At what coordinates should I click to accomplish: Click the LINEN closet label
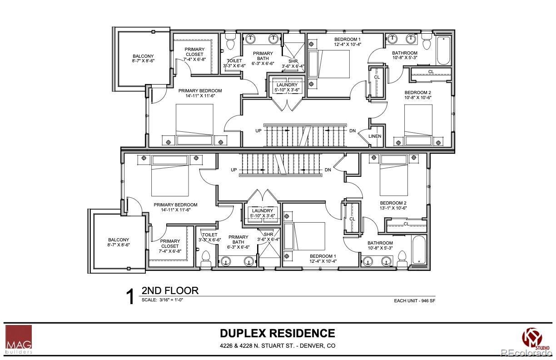click(375, 136)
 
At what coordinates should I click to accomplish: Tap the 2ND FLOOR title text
click(170, 290)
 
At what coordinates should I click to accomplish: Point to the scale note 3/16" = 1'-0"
click(163, 300)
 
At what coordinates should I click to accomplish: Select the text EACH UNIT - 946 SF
click(414, 301)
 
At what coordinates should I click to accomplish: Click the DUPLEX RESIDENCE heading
click(278, 333)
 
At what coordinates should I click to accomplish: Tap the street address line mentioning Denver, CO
click(278, 345)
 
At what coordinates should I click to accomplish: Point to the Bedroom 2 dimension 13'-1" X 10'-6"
click(393, 208)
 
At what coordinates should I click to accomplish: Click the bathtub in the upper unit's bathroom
click(443, 51)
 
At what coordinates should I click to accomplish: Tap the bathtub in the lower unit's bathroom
click(418, 249)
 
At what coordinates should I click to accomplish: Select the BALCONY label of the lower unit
click(119, 240)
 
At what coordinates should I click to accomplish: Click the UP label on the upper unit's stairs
click(258, 130)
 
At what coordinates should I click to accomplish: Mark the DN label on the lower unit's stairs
click(328, 170)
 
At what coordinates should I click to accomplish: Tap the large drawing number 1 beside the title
click(130, 297)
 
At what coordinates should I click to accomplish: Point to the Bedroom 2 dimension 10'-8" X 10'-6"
click(417, 97)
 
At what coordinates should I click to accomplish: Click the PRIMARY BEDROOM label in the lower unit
click(175, 205)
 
